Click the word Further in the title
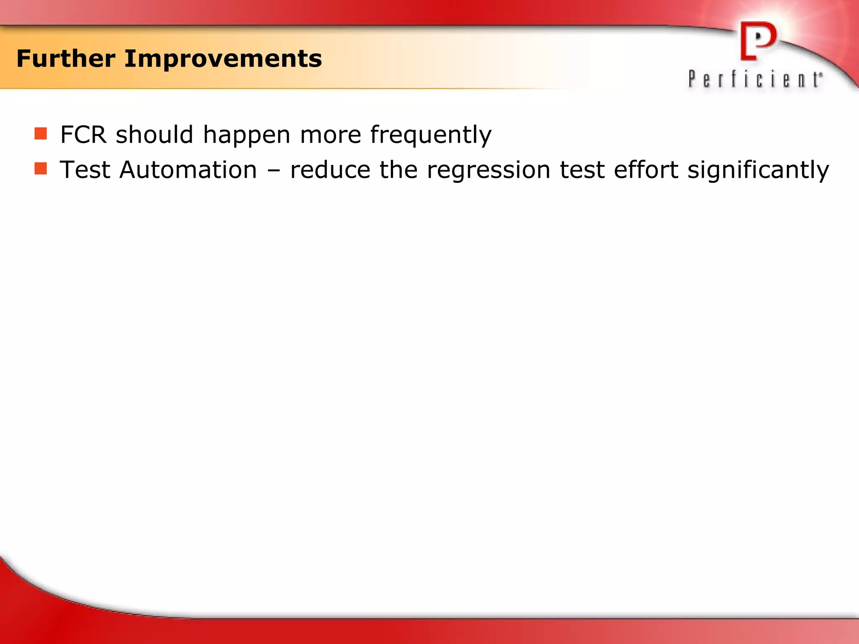[65, 59]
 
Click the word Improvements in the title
[223, 59]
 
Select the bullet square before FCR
[41, 134]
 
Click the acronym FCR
[83, 135]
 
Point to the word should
[154, 135]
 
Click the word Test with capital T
[85, 170]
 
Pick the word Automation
[188, 170]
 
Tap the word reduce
[330, 170]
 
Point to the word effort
[646, 170]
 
